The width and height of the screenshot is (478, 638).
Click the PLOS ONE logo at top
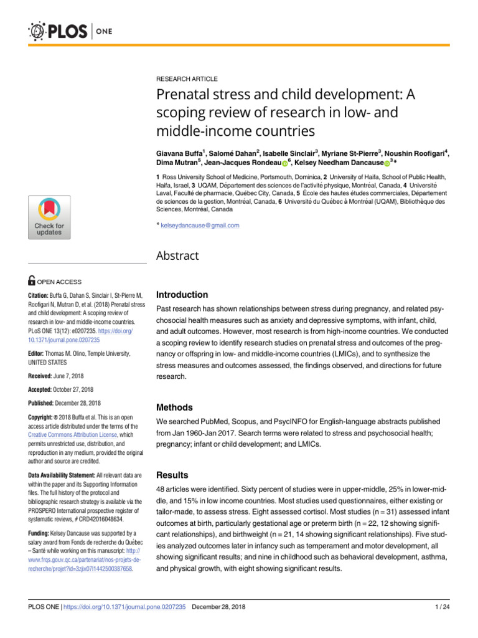pyautogui.click(x=66, y=31)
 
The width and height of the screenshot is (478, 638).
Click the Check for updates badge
pyautogui.click(x=49, y=217)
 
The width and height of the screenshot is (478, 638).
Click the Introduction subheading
pyautogui.click(x=182, y=295)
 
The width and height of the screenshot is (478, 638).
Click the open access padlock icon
pyautogui.click(x=32, y=282)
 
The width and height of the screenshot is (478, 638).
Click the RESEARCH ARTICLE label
pyautogui.click(x=187, y=79)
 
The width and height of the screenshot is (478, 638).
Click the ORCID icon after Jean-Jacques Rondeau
pyautogui.click(x=285, y=164)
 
